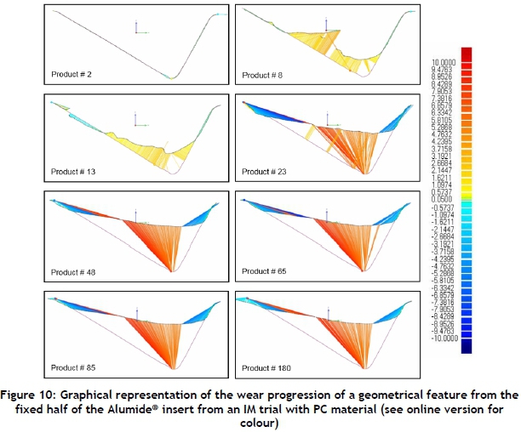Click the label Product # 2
[x=72, y=76]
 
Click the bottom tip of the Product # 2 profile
[x=173, y=77]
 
